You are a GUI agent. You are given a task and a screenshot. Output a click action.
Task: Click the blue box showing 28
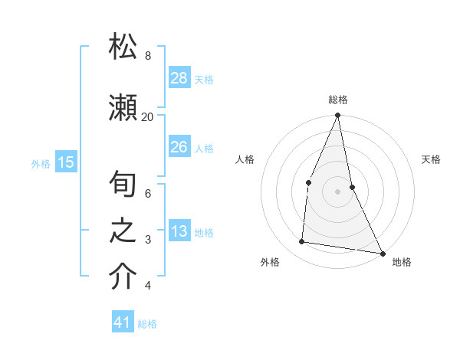tap(179, 77)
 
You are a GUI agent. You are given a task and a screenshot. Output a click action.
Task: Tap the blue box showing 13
tap(179, 231)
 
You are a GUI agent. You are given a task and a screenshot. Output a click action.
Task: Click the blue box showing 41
tap(123, 322)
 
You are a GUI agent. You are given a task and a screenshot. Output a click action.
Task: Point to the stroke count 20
tap(147, 116)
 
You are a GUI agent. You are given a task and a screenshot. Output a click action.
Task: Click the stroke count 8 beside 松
tap(147, 55)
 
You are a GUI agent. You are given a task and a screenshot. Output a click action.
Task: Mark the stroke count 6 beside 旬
tap(147, 194)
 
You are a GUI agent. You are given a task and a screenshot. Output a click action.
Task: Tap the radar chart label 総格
tap(338, 100)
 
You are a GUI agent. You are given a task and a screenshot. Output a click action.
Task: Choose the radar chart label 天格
tap(431, 159)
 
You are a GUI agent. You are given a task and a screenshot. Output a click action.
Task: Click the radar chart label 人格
tap(245, 159)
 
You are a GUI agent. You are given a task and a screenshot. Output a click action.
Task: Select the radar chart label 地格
tap(402, 262)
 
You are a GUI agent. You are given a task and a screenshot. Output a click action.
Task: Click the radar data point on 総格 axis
tap(338, 116)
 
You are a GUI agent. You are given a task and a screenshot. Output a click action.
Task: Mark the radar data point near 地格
tap(383, 253)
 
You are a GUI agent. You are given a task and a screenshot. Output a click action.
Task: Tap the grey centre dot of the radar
tap(338, 191)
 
